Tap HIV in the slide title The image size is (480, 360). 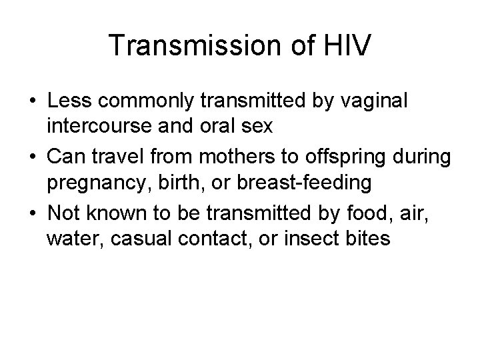click(x=344, y=45)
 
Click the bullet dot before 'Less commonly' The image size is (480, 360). click(x=32, y=103)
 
